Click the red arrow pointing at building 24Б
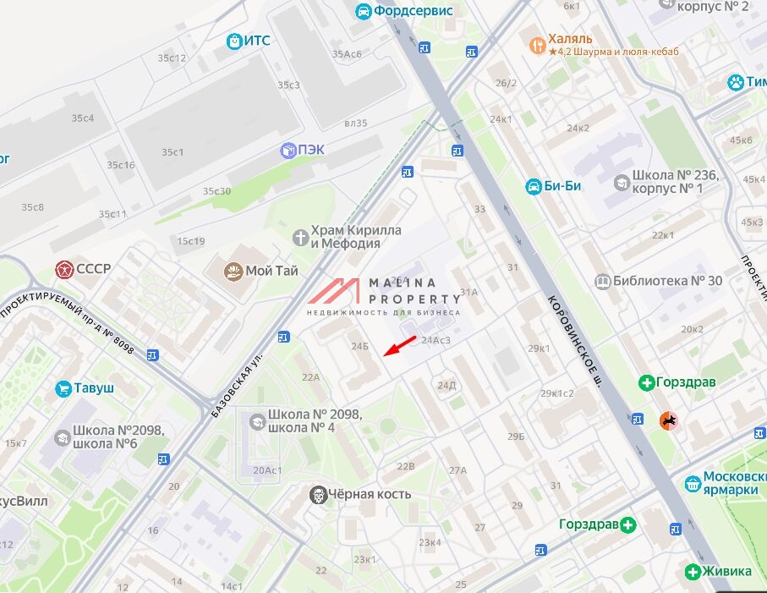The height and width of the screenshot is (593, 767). pos(402,345)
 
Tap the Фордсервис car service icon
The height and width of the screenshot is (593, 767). pos(363,11)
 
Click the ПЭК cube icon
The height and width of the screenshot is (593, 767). pos(288,150)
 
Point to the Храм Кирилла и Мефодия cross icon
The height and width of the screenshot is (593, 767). pos(299,237)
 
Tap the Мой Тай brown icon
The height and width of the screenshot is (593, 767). pos(233,272)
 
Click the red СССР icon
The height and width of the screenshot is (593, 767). pos(63,269)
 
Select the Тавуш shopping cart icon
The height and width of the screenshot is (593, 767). pos(63,388)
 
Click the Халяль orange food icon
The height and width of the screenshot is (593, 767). pos(535,44)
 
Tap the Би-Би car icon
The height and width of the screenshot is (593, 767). pos(533,186)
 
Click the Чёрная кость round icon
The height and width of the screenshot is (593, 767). pos(318,494)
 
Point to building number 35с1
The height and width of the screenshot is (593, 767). pos(173,152)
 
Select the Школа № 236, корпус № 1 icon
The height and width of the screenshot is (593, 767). pos(622,182)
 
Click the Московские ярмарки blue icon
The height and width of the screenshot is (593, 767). pos(692,482)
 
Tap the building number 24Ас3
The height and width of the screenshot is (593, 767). pos(436,340)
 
